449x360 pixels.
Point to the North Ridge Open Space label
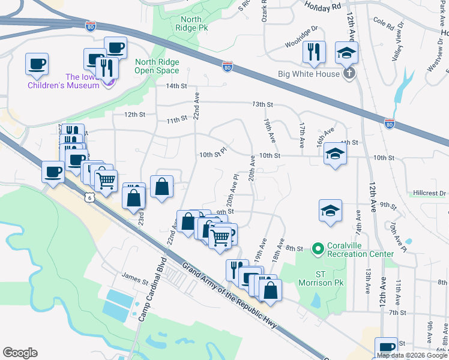click(x=158, y=66)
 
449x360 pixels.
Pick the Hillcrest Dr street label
click(x=430, y=193)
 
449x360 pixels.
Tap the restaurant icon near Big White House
click(x=314, y=52)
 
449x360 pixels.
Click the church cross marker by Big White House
click(x=348, y=74)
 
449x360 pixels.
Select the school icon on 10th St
click(x=335, y=154)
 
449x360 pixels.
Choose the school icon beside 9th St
click(x=330, y=211)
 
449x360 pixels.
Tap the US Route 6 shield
click(x=89, y=197)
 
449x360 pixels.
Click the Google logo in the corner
click(x=20, y=353)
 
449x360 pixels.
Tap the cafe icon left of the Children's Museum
click(x=37, y=64)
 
